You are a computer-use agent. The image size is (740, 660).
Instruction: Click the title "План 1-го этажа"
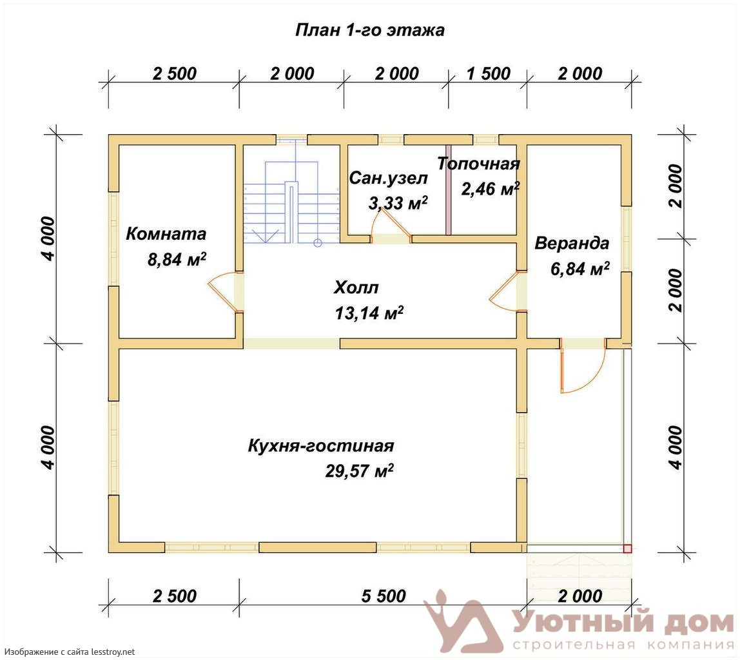[x=369, y=30]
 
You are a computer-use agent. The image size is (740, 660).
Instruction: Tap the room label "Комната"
[x=166, y=234]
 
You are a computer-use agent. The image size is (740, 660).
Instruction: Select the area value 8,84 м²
[x=177, y=259]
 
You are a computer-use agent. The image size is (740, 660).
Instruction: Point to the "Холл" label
[x=356, y=287]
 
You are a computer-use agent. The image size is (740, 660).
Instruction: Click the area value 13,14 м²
[x=369, y=313]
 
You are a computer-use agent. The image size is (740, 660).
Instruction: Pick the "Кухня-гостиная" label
[x=321, y=446]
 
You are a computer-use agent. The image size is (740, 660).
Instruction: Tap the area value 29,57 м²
[x=360, y=471]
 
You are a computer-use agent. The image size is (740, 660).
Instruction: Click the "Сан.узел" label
[x=389, y=179]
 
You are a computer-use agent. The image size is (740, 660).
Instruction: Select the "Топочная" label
[x=478, y=164]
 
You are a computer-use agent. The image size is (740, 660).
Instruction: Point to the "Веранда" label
[x=572, y=244]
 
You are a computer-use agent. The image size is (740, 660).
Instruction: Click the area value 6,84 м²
[x=580, y=268]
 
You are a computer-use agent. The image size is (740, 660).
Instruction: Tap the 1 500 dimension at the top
[x=489, y=73]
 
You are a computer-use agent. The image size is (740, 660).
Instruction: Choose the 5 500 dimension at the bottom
[x=384, y=596]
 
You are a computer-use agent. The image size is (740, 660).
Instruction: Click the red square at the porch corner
[x=627, y=548]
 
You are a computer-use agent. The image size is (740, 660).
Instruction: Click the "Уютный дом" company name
[x=623, y=622]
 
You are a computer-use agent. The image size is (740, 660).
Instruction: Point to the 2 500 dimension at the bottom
[x=174, y=596]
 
